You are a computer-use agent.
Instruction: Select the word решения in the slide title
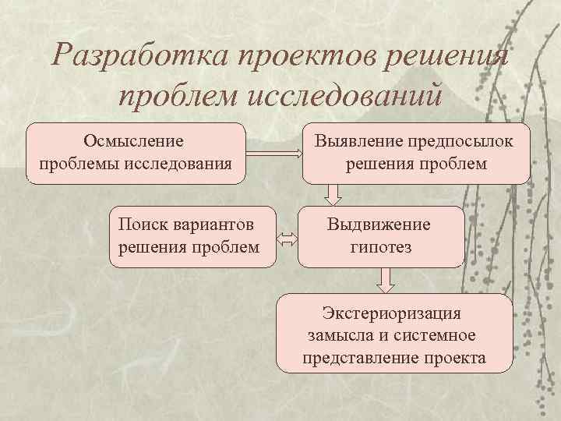[446, 57]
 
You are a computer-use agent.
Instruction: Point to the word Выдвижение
[379, 225]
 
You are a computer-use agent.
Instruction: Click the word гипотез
[381, 248]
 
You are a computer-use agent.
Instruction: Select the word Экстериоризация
[392, 313]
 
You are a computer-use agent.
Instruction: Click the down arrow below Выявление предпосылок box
[333, 193]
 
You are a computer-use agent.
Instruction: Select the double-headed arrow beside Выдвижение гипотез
[287, 241]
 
